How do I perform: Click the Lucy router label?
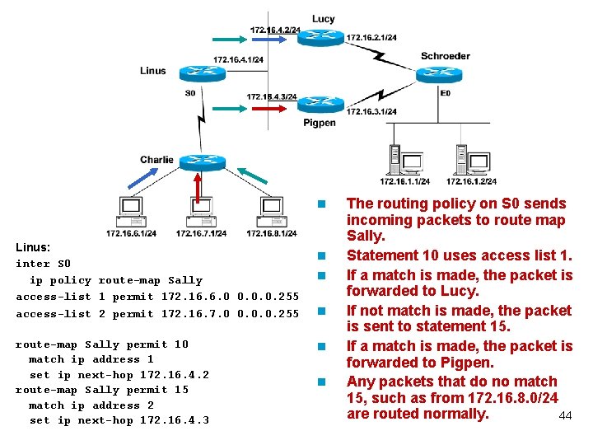(x=324, y=19)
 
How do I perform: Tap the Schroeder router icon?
(x=446, y=74)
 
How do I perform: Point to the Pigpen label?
(x=320, y=123)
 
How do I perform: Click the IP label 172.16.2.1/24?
(x=371, y=38)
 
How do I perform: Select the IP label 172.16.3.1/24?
(x=371, y=111)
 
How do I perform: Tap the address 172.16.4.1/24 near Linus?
(x=238, y=59)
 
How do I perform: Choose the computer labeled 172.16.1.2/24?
(x=470, y=161)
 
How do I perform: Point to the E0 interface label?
(x=446, y=93)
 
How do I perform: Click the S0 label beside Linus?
(x=190, y=93)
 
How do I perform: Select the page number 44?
(x=565, y=416)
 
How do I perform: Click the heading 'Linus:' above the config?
(x=33, y=246)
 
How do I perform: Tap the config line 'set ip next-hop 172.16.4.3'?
(x=119, y=420)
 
